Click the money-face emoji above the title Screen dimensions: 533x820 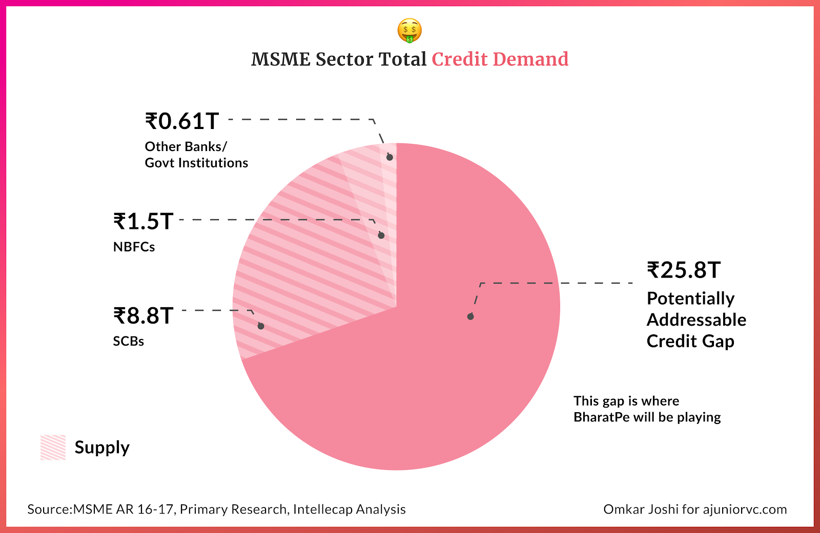point(409,31)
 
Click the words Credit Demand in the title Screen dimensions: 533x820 point(500,59)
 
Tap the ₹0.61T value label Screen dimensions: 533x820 point(182,121)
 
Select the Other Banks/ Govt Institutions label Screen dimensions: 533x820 point(196,155)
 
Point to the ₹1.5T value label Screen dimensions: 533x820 point(143,222)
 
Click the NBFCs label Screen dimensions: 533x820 point(134,247)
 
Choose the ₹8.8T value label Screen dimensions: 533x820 point(143,316)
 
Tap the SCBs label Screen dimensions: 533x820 point(128,341)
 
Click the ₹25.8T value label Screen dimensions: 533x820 point(684,270)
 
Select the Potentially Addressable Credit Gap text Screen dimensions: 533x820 point(696,319)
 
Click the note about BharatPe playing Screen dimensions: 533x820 point(647,409)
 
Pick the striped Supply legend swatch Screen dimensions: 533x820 point(53,447)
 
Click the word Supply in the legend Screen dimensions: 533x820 point(102,447)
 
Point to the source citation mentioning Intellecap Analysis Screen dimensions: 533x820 point(216,509)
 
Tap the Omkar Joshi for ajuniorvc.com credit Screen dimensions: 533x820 point(695,509)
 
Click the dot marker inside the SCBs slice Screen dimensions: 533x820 point(261,326)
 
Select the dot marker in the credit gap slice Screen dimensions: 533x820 point(470,316)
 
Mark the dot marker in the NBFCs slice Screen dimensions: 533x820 point(381,236)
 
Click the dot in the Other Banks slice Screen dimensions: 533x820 point(389,157)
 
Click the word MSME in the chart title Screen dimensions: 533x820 point(281,59)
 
